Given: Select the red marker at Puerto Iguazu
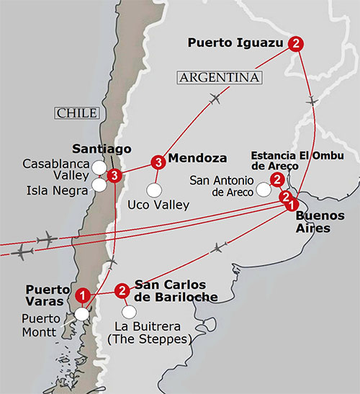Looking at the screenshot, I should pyautogui.click(x=296, y=43).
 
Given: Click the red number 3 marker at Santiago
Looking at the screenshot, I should pyautogui.click(x=113, y=175).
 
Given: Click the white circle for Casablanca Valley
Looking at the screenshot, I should pyautogui.click(x=99, y=168).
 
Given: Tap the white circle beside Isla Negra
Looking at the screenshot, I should pyautogui.click(x=99, y=185).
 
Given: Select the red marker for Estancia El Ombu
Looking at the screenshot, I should pyautogui.click(x=276, y=180).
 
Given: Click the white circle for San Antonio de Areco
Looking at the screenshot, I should pyautogui.click(x=264, y=189).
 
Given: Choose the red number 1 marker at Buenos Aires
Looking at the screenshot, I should pyautogui.click(x=291, y=205).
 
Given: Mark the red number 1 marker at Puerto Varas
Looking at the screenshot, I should pyautogui.click(x=84, y=294).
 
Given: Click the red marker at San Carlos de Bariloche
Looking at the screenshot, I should pyautogui.click(x=122, y=290).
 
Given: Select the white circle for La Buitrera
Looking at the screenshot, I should pyautogui.click(x=129, y=312).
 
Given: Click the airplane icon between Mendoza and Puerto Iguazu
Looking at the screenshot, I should pyautogui.click(x=215, y=99).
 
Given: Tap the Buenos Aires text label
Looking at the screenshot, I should pyautogui.click(x=319, y=220).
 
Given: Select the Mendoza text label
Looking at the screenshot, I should pyautogui.click(x=197, y=158).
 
